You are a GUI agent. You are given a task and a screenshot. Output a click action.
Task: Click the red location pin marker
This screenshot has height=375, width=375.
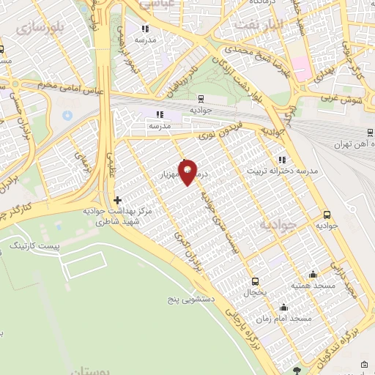(x=188, y=171)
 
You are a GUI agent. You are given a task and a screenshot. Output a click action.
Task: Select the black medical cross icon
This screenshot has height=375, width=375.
(x=117, y=199)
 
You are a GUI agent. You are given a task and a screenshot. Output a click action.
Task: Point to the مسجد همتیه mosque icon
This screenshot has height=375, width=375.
(x=313, y=275)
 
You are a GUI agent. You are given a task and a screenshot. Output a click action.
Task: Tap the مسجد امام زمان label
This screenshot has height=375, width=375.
(x=285, y=319)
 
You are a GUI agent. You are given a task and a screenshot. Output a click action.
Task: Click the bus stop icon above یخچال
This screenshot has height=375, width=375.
(x=255, y=281)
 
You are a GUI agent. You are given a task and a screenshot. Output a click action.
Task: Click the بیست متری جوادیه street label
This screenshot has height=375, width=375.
(x=217, y=212)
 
